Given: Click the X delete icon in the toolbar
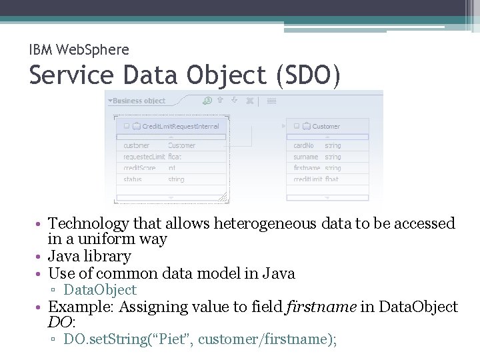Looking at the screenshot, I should coord(249,101).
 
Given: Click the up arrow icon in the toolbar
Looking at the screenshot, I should coord(220,101).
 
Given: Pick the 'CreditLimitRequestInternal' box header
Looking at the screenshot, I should coord(180,126).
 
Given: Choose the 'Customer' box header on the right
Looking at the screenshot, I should coord(325,126).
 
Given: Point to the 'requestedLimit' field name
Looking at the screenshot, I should coord(144,157).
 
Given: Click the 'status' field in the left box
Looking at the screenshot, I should coord(133,179).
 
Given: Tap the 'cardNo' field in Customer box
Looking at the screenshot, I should coord(304,145).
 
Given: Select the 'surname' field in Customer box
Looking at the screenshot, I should coord(306,157).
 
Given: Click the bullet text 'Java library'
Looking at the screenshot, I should coord(90,256).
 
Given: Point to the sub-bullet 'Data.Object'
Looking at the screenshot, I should coord(100,290).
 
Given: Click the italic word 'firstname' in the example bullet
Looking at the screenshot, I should coord(313,307).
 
